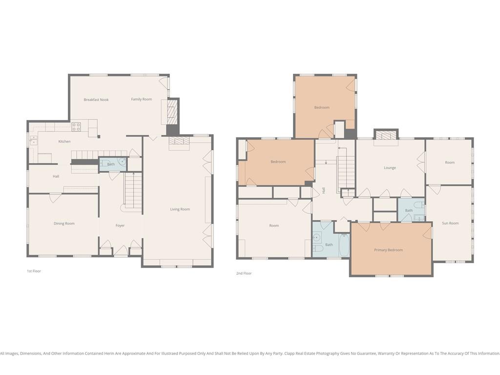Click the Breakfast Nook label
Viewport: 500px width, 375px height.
tap(96, 100)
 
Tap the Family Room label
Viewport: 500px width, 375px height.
tap(141, 99)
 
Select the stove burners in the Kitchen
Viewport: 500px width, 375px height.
tap(76, 127)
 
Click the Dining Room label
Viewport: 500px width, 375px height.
tap(64, 224)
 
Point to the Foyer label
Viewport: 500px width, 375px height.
tap(120, 226)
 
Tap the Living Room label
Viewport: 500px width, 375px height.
tap(180, 209)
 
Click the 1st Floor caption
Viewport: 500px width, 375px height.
tap(34, 271)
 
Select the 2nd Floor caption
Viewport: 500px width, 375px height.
tap(244, 273)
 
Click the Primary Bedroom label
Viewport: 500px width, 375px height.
tap(388, 250)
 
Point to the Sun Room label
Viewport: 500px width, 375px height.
tap(450, 223)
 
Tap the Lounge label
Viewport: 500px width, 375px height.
tap(390, 168)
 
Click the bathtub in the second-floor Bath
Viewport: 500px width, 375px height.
tap(344, 245)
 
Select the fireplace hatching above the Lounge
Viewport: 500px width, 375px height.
tap(386, 135)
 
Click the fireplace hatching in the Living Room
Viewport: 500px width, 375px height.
tap(179, 141)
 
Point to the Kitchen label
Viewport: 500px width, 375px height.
tap(64, 142)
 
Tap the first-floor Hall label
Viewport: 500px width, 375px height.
tap(56, 176)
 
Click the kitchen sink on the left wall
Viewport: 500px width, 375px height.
tap(34, 140)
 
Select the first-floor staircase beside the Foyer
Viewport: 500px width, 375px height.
tap(133, 190)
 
